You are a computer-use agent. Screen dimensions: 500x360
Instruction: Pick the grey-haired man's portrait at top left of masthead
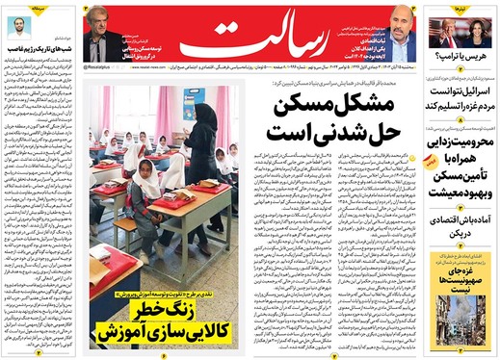(x=99, y=34)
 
